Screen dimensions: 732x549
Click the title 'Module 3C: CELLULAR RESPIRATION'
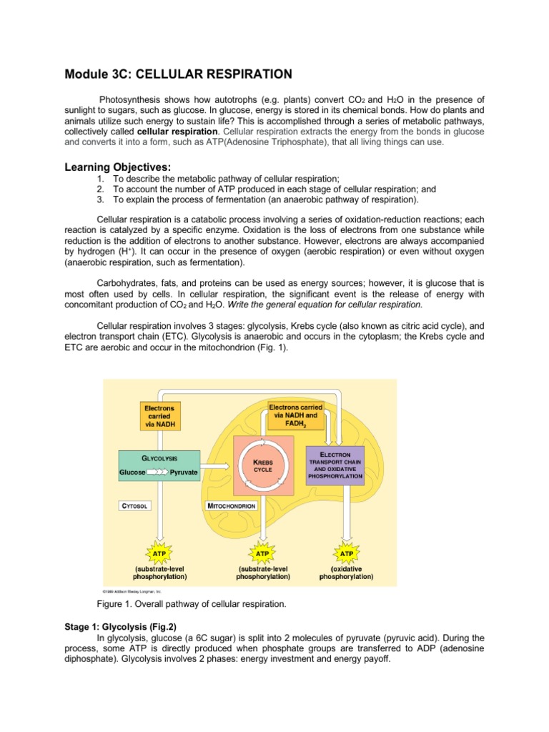(178, 74)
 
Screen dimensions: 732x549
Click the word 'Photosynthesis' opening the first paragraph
(132, 99)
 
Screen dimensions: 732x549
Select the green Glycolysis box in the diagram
(159, 465)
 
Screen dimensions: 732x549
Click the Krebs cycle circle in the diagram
(264, 467)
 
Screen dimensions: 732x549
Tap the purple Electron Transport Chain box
(335, 465)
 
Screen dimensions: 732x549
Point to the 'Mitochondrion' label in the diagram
(232, 505)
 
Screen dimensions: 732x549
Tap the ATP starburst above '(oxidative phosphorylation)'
(345, 553)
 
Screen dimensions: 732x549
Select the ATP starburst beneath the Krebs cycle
(262, 553)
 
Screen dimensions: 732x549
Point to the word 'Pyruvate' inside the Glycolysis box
(184, 473)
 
